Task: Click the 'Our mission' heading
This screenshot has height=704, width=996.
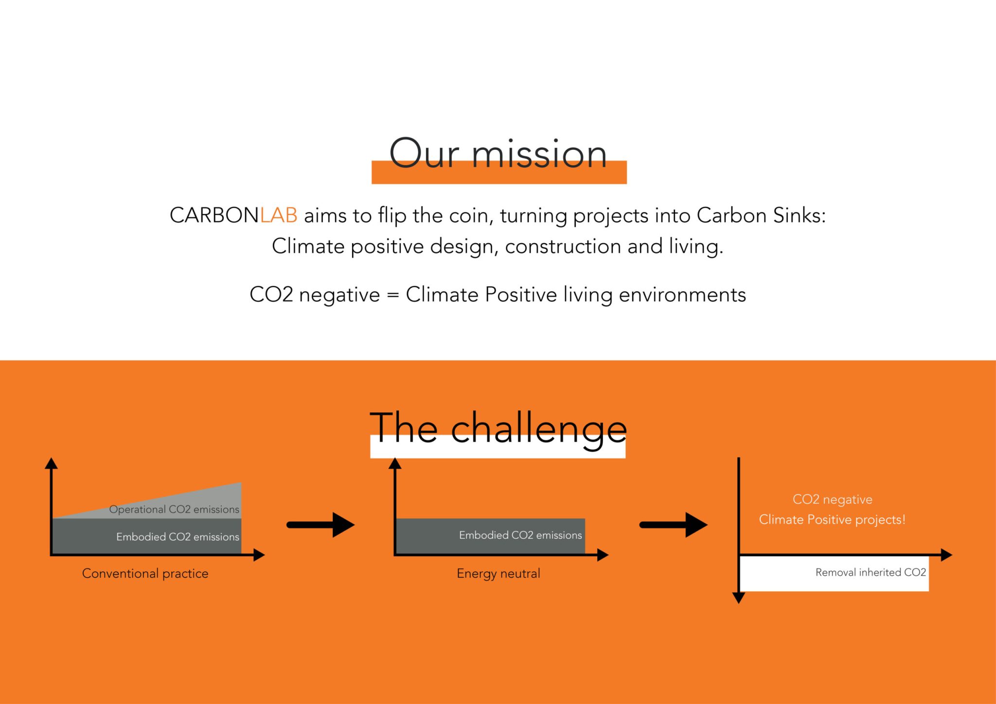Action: (498, 155)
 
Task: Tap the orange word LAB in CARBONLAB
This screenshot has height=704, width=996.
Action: (279, 215)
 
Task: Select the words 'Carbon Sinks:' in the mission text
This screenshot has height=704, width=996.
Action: (761, 215)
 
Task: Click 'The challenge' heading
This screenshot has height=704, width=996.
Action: (498, 429)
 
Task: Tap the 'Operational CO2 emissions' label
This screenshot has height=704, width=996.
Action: (174, 510)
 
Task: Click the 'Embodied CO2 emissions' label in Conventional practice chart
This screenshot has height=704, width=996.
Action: (178, 537)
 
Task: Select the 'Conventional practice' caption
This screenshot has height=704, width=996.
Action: (145, 574)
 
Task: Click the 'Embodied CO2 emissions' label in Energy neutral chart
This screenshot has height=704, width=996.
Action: (520, 535)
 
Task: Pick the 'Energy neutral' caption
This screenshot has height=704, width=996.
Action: (498, 574)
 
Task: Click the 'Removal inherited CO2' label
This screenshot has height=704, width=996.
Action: (871, 572)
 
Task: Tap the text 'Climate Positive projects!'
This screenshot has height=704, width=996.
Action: (832, 520)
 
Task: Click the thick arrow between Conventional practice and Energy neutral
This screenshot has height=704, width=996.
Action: (321, 525)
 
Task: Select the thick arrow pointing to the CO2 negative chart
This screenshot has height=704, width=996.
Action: (674, 525)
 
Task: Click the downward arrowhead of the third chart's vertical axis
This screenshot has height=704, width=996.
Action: (739, 598)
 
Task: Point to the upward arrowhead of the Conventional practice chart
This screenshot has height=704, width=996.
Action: (51, 463)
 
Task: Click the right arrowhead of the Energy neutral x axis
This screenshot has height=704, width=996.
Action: (603, 555)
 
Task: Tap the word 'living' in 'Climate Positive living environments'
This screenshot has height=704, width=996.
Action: (587, 295)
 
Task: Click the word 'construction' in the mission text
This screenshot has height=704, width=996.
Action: (563, 246)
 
